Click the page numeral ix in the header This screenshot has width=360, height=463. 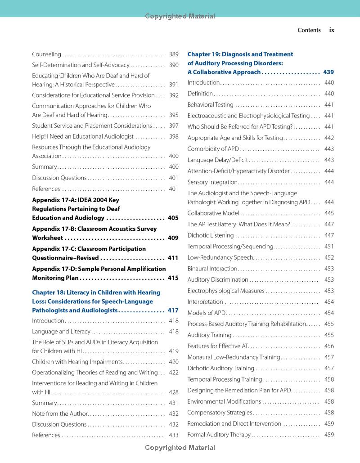[x=332, y=30]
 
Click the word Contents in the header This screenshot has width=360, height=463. [x=309, y=30]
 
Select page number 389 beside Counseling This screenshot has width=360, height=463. [x=174, y=54]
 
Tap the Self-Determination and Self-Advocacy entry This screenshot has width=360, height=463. [x=81, y=65]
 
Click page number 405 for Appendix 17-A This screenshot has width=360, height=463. [x=173, y=218]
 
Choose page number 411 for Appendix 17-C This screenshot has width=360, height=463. [x=173, y=258]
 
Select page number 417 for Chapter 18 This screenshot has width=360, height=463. [x=173, y=310]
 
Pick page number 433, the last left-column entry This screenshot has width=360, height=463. [x=174, y=435]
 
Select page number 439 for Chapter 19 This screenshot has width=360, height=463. [x=328, y=72]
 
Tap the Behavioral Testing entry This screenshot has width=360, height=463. [x=210, y=105]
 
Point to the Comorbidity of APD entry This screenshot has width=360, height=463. [x=213, y=149]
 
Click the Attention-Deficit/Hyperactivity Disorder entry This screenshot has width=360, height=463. [x=238, y=171]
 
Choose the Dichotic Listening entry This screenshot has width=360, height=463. [x=211, y=235]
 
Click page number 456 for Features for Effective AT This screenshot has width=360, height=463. [x=329, y=346]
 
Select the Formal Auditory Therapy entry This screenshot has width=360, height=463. [x=219, y=435]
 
